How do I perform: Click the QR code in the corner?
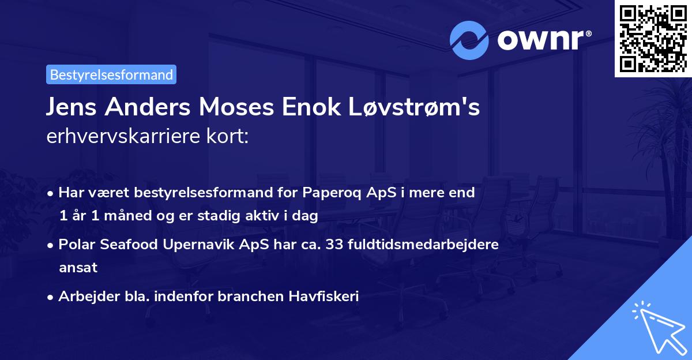pyautogui.click(x=653, y=38)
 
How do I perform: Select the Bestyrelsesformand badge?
pyautogui.click(x=111, y=74)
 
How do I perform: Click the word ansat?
pyautogui.click(x=78, y=268)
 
